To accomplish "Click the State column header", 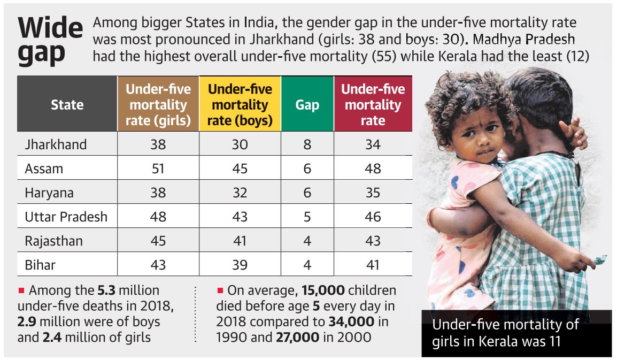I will pos(67,104).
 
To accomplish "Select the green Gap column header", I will pos(307,105).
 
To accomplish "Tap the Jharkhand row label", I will pos(56,144).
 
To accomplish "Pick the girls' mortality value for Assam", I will pos(158,168).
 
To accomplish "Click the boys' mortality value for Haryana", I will pos(240,193).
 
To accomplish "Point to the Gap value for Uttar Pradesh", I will pos(307,217).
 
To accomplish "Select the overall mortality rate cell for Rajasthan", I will pos(373,241).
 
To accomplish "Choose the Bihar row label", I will pos(40,265).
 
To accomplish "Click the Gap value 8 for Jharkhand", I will pos(307,144).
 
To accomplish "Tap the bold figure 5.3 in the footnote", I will pos(106,291).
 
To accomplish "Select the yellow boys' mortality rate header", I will pos(240,105).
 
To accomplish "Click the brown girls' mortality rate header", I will pos(158,105).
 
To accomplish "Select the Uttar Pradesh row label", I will pos(66,217).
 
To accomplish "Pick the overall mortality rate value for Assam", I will pos(373,168).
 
